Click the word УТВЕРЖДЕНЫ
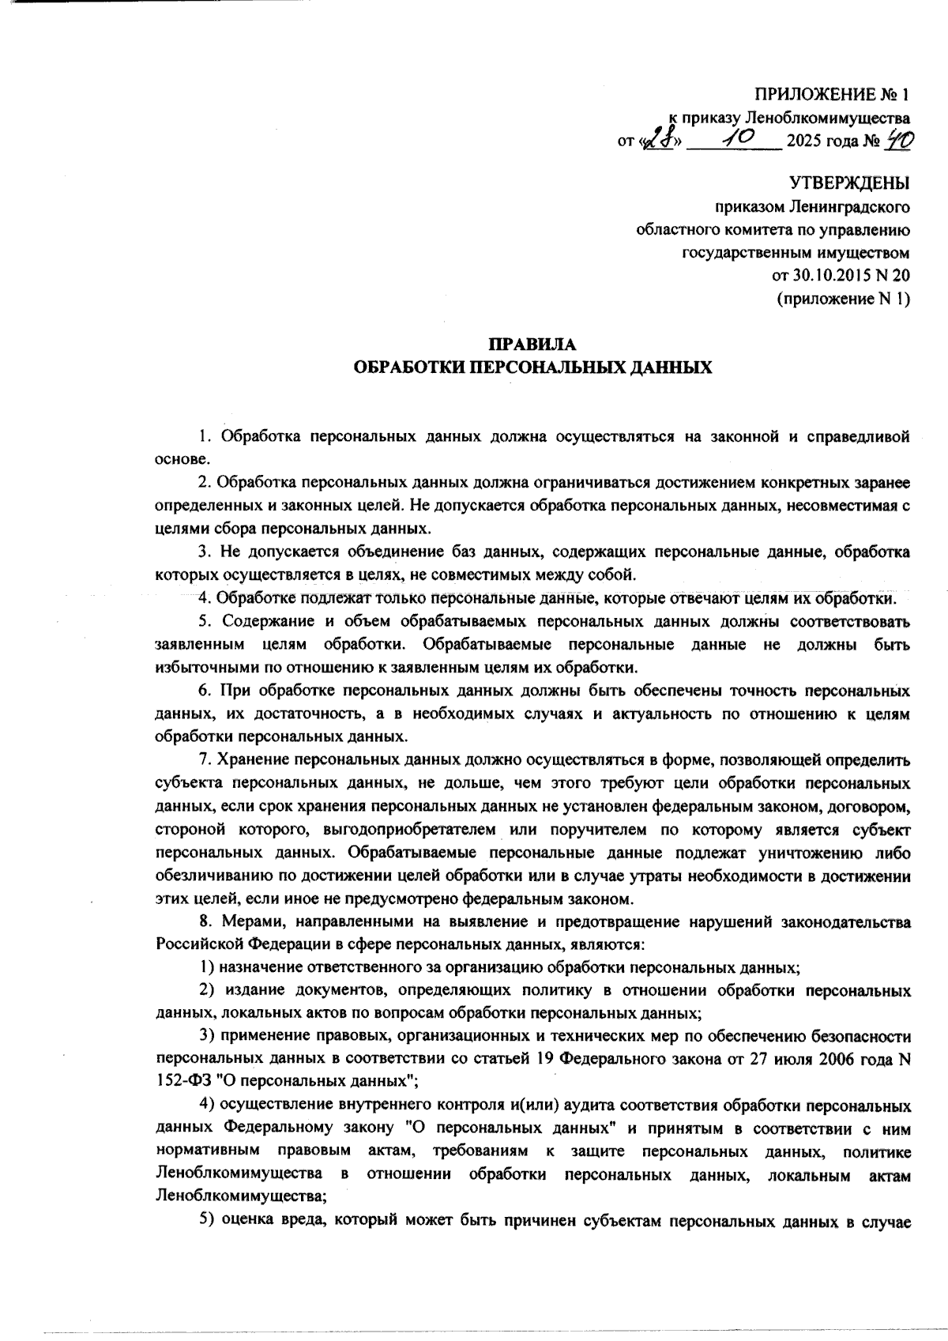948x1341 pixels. pos(850,185)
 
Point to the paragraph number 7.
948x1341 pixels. pos(204,761)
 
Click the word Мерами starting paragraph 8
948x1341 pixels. pos(246,922)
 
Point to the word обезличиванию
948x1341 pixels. pos(207,876)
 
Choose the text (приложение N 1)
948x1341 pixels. pos(844,299)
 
